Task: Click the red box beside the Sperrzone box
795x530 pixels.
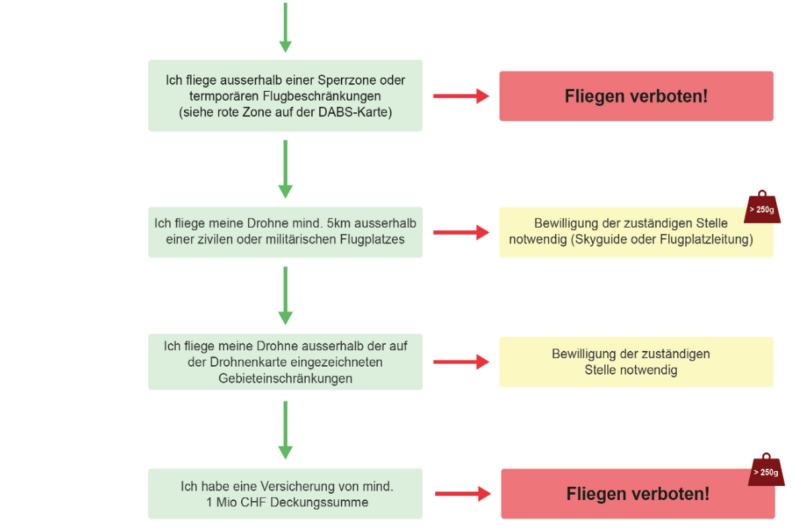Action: click(x=636, y=96)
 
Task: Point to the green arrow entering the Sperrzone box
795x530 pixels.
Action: click(x=285, y=26)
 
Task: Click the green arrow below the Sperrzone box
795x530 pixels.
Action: click(x=285, y=168)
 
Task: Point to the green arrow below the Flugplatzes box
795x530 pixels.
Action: click(x=285, y=295)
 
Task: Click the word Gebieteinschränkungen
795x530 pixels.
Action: click(x=285, y=378)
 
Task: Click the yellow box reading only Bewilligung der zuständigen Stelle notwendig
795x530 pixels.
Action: click(x=636, y=362)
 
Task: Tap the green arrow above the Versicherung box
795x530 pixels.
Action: click(x=285, y=429)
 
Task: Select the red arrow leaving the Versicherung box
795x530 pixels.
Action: click(x=462, y=494)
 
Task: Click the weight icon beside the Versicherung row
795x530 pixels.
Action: click(x=766, y=470)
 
